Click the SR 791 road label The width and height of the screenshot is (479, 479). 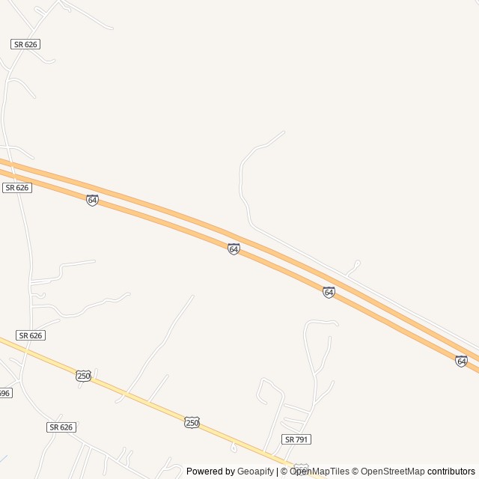[x=296, y=439]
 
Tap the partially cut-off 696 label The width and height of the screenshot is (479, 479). [x=4, y=393]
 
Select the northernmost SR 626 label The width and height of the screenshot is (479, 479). [x=25, y=45]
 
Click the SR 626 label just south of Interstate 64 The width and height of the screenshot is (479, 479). [x=16, y=188]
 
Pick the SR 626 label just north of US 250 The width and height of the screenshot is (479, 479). [x=31, y=335]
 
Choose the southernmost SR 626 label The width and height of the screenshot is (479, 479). [x=61, y=427]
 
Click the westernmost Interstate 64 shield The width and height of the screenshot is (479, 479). [x=92, y=200]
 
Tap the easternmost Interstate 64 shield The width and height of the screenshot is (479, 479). [x=461, y=361]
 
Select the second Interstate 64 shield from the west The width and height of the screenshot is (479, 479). [x=234, y=248]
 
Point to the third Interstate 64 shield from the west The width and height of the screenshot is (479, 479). [x=329, y=292]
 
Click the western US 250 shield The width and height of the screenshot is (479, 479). [x=84, y=376]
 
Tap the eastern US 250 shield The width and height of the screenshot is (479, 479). [x=192, y=423]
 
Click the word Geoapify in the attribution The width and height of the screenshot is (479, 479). [x=255, y=472]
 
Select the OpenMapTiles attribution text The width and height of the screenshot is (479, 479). [x=320, y=472]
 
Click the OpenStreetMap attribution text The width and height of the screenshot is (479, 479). [x=393, y=472]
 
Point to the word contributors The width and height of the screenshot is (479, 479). [x=451, y=472]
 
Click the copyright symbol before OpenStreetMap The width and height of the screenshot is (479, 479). [x=356, y=472]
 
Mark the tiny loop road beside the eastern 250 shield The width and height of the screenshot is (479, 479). [x=234, y=448]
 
